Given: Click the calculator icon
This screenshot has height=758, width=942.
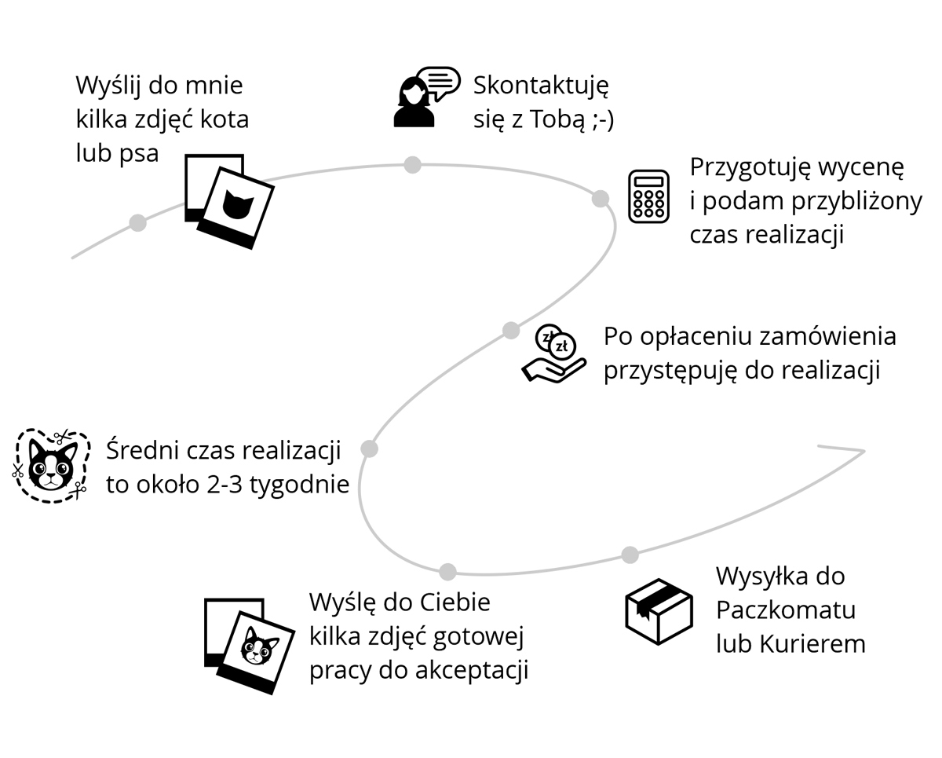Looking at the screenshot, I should (x=648, y=196).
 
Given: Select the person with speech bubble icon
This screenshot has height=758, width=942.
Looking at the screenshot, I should (x=425, y=97).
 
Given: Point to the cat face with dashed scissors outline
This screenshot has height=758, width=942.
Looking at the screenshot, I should (x=49, y=466).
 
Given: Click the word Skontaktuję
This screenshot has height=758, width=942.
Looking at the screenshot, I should (x=541, y=85).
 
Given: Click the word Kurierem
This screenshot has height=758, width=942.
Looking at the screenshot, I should (x=812, y=644).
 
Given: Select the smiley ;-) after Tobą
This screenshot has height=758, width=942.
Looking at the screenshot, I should (x=599, y=119).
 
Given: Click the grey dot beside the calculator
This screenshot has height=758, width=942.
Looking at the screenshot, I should (x=601, y=199).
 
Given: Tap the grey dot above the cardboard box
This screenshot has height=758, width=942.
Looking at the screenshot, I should (x=630, y=555).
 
